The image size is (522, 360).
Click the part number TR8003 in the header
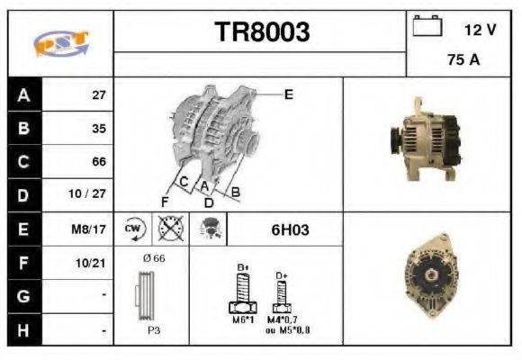pyautogui.click(x=261, y=32)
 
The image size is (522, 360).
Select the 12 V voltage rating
pyautogui.click(x=480, y=29)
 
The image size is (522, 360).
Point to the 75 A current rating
pyautogui.click(x=463, y=61)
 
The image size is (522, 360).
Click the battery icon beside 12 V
pyautogui.click(x=426, y=27)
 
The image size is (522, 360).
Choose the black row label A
pyautogui.click(x=22, y=94)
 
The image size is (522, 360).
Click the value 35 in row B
pyautogui.click(x=98, y=128)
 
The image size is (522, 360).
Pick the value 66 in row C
pyautogui.click(x=98, y=162)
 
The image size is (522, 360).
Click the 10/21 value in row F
pyautogui.click(x=93, y=263)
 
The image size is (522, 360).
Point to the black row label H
pyautogui.click(x=22, y=330)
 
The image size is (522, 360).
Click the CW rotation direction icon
pyautogui.click(x=134, y=229)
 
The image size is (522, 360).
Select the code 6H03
pyautogui.click(x=290, y=230)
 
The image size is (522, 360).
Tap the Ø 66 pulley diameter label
pyautogui.click(x=153, y=259)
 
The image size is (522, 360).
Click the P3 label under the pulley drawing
pyautogui.click(x=154, y=330)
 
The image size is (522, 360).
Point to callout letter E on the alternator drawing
pyautogui.click(x=288, y=94)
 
